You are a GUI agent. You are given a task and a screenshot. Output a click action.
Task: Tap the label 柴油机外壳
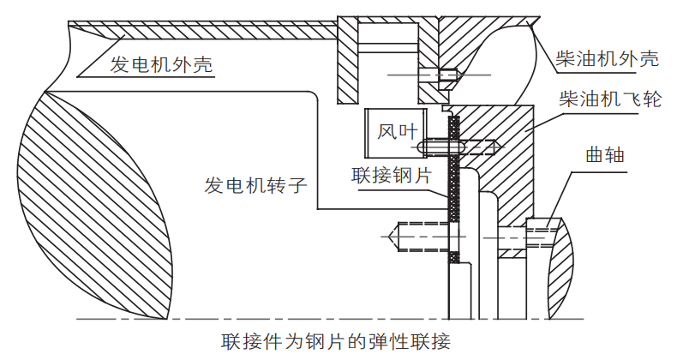click(x=606, y=60)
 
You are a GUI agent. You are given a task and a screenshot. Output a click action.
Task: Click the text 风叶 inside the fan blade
click(x=397, y=132)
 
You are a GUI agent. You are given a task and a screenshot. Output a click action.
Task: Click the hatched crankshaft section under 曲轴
click(x=566, y=266)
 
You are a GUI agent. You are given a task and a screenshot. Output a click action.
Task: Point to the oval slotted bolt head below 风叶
click(x=440, y=148)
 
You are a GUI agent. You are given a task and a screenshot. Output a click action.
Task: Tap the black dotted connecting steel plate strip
click(x=454, y=189)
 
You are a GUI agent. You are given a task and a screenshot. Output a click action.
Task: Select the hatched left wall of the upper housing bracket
click(x=346, y=69)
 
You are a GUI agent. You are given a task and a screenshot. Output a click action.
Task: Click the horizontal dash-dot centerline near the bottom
click(x=257, y=319)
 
